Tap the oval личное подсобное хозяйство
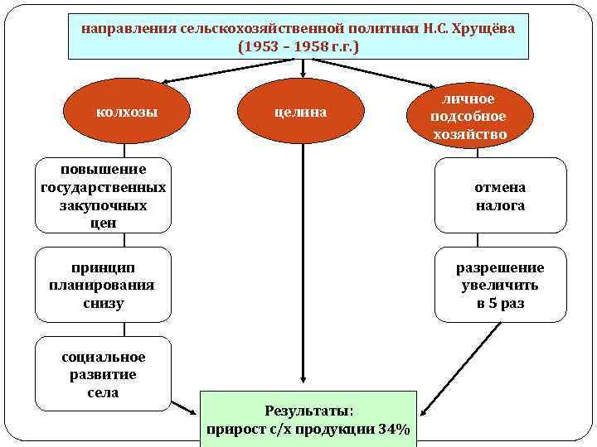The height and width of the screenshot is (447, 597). (468, 116)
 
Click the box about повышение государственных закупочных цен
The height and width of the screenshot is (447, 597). (103, 195)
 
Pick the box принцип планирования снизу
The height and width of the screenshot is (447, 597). (103, 285)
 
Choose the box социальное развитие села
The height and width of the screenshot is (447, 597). (103, 374)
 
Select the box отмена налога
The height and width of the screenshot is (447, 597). (500, 196)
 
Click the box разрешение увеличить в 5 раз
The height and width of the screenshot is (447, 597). (500, 285)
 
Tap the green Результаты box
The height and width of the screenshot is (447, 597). (308, 419)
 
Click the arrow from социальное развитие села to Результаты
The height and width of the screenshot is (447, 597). (185, 407)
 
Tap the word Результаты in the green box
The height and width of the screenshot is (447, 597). (308, 410)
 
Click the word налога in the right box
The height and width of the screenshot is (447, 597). (500, 205)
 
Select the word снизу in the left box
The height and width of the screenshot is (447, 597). (103, 303)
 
